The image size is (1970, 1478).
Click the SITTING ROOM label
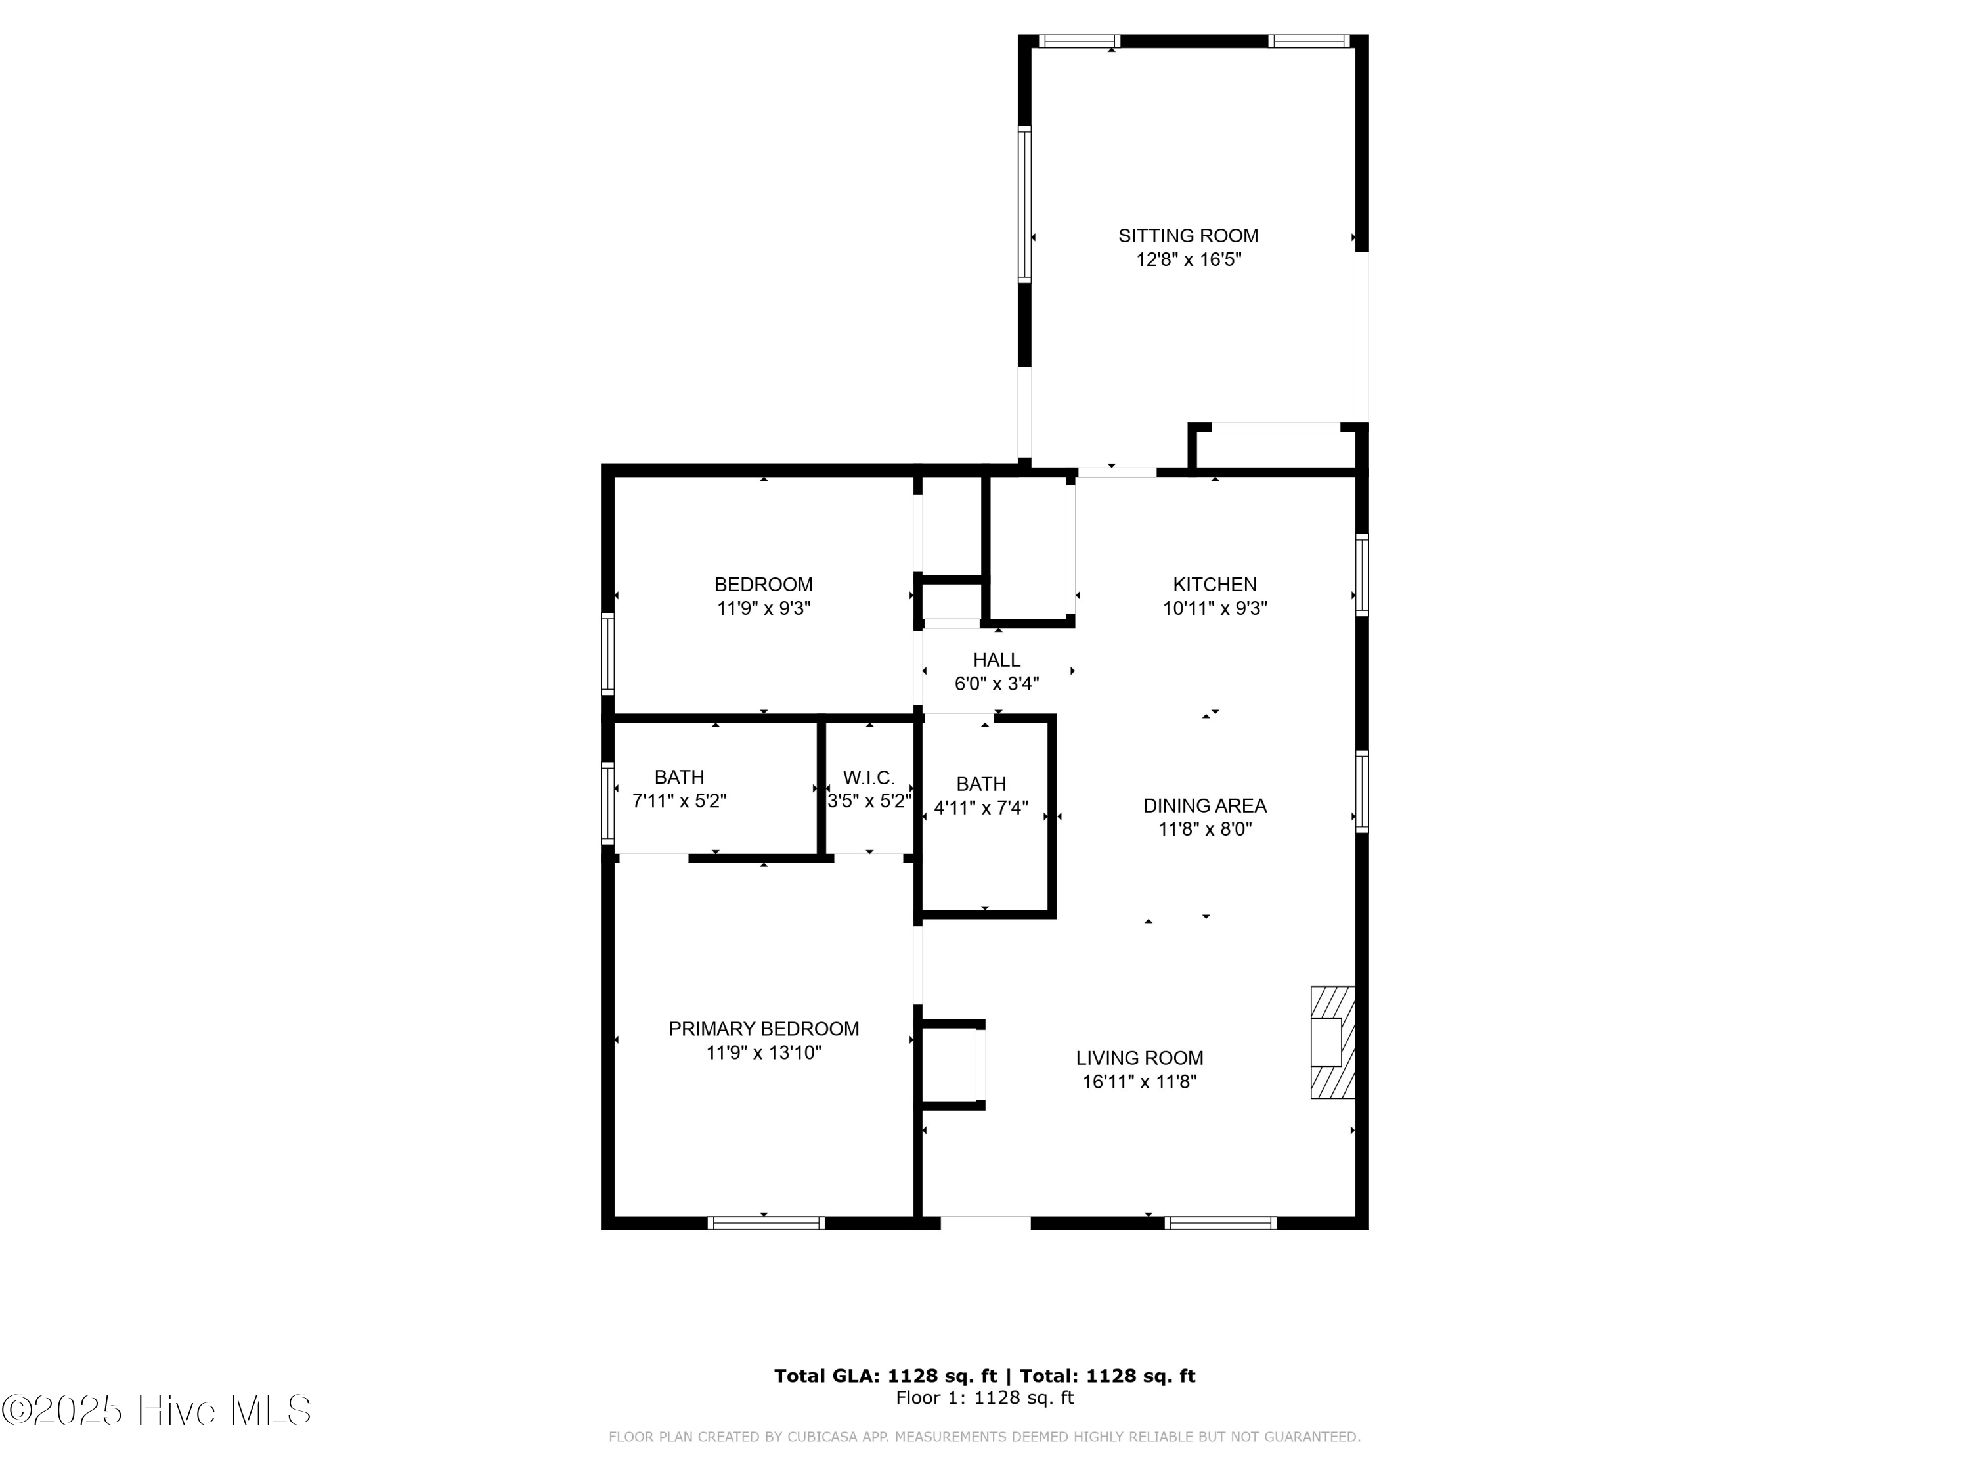pyautogui.click(x=1188, y=236)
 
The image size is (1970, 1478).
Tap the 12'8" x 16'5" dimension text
pyautogui.click(x=1188, y=260)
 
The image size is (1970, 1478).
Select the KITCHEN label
pyautogui.click(x=1215, y=585)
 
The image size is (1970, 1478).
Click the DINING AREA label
pyautogui.click(x=1205, y=805)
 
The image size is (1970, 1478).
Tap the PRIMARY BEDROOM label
pyautogui.click(x=763, y=1029)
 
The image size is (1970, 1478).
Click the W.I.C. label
pyautogui.click(x=868, y=778)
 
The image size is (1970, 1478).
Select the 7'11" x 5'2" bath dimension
pyautogui.click(x=678, y=801)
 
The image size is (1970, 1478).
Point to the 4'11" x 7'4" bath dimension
pyautogui.click(x=980, y=808)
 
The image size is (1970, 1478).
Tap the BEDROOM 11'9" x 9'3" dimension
pyautogui.click(x=763, y=608)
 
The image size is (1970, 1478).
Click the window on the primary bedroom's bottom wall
pyautogui.click(x=766, y=1223)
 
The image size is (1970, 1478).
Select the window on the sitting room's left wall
pyautogui.click(x=1024, y=204)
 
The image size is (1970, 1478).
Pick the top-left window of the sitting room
pyautogui.click(x=1078, y=41)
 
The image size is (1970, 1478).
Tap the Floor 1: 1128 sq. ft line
pyautogui.click(x=984, y=1398)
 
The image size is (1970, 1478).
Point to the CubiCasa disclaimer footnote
pyautogui.click(x=984, y=1437)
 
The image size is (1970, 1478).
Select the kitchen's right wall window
pyautogui.click(x=1362, y=575)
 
